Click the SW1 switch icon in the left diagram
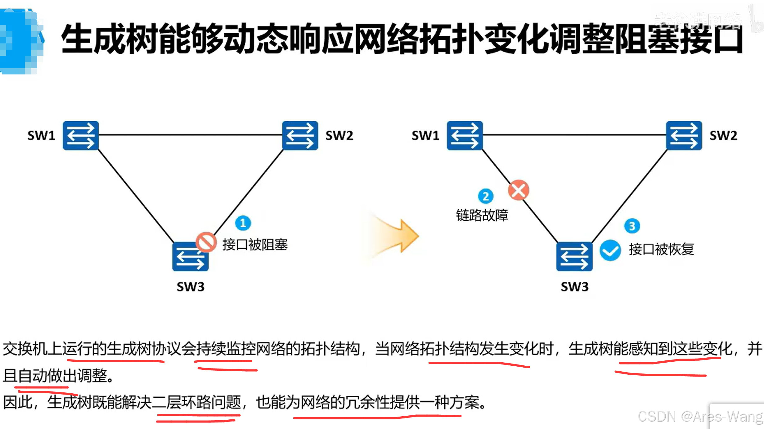coord(81,136)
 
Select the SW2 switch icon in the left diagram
coord(300,136)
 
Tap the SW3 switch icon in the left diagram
coord(190,257)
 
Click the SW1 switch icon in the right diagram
coord(465,136)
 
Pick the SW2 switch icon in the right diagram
coord(684,136)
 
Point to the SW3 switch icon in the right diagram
coord(574,257)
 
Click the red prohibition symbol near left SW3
coord(206,242)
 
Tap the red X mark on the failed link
coord(519,190)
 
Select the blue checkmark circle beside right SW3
coord(610,250)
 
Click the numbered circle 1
coord(243,223)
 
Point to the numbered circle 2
coord(486,196)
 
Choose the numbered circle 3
coord(632,226)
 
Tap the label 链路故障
coord(482,215)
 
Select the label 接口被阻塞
coord(255,245)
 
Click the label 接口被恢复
coord(661,249)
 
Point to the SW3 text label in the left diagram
coord(191,287)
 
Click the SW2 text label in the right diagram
coord(723,136)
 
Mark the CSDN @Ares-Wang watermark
coord(700,417)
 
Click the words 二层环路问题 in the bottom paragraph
coord(196,403)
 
